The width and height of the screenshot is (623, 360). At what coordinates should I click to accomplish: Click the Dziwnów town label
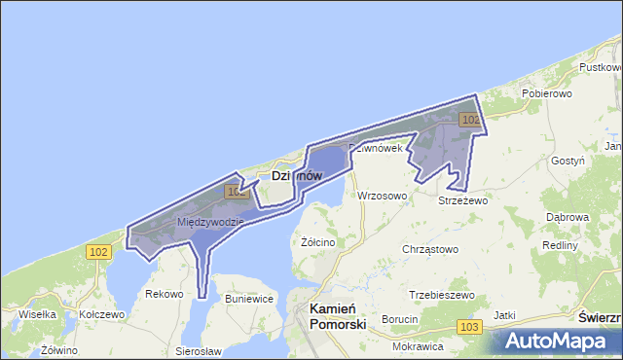[296, 176]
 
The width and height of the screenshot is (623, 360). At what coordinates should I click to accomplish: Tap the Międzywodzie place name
[210, 222]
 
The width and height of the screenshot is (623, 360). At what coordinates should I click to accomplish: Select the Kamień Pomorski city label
[337, 316]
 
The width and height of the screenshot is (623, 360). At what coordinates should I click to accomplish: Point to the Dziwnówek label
[375, 148]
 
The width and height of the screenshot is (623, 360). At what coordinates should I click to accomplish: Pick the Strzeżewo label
[462, 200]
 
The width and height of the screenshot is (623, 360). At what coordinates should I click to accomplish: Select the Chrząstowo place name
[430, 249]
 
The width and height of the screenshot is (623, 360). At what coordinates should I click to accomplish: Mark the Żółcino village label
[318, 242]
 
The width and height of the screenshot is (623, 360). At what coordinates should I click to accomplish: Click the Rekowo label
[164, 293]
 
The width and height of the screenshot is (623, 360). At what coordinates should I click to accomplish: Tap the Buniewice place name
[249, 299]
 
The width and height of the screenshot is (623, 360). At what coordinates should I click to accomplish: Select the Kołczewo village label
[102, 315]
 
